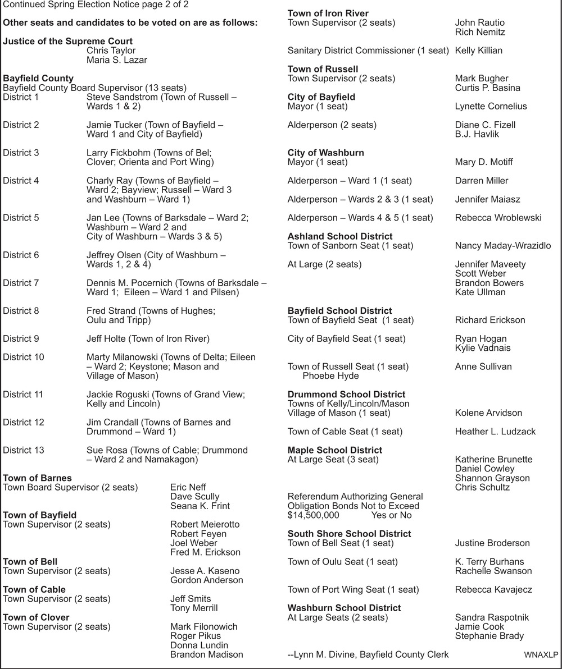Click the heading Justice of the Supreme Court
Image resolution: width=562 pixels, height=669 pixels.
click(67, 41)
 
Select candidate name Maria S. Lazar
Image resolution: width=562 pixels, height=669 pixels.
click(117, 60)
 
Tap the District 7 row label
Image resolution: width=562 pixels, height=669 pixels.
click(21, 283)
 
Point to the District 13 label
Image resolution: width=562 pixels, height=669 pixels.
click(23, 450)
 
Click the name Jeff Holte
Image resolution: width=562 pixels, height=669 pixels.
click(107, 338)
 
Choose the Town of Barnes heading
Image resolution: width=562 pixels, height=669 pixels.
click(37, 478)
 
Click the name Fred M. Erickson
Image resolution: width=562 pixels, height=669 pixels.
click(205, 552)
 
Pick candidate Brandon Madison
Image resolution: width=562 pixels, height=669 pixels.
click(206, 654)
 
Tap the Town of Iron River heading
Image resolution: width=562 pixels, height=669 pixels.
click(328, 13)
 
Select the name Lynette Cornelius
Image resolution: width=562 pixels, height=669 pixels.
click(491, 106)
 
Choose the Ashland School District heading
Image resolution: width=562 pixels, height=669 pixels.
click(340, 236)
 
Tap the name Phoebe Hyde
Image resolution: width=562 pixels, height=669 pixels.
click(330, 376)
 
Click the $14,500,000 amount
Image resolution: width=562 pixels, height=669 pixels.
click(313, 515)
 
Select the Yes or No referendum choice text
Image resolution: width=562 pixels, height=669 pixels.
click(391, 515)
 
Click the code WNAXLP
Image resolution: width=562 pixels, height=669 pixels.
click(540, 655)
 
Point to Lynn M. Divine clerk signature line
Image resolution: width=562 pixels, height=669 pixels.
click(368, 654)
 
